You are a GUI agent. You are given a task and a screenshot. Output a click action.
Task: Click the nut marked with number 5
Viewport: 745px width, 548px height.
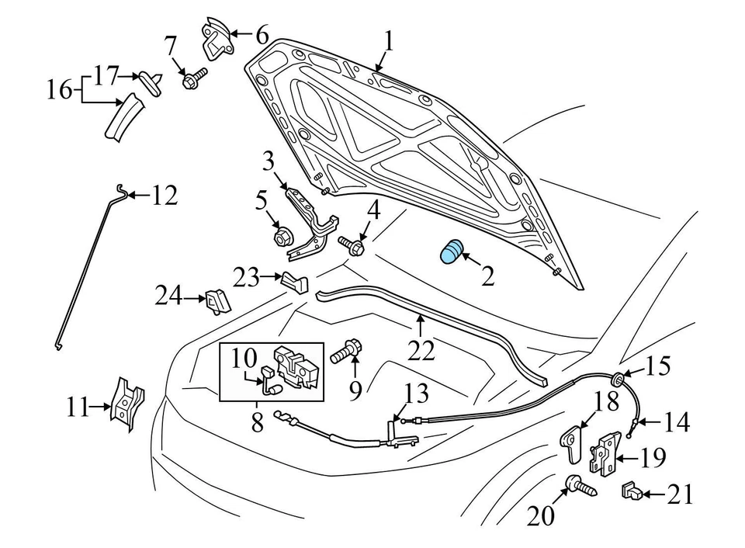click(x=282, y=235)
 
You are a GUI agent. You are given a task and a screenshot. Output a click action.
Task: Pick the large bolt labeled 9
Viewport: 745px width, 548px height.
click(x=344, y=353)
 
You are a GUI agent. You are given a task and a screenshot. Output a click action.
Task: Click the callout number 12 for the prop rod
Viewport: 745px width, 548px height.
click(x=164, y=196)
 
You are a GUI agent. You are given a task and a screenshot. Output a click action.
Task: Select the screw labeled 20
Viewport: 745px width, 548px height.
click(x=580, y=487)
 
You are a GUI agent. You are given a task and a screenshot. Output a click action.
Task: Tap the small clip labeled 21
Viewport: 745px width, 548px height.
click(x=630, y=492)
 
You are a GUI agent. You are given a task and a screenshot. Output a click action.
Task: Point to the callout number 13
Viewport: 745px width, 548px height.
click(x=416, y=394)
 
